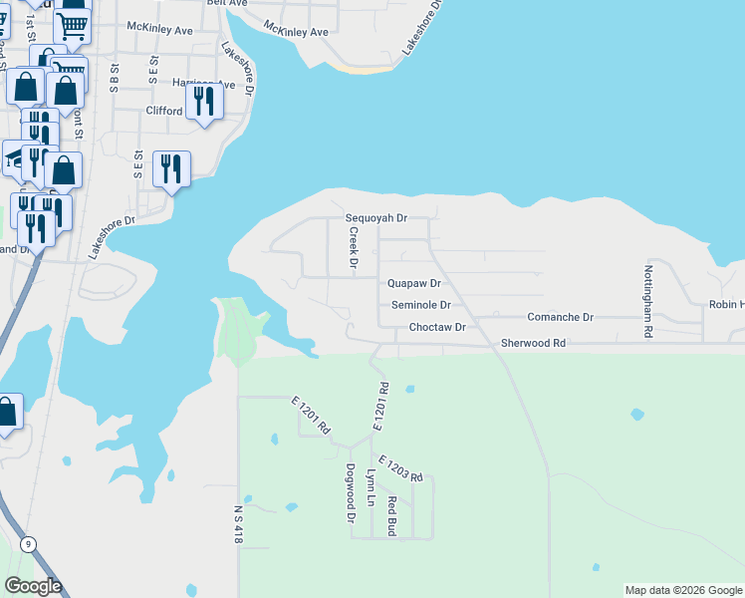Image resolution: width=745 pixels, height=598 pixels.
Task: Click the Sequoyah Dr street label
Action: coord(376,217)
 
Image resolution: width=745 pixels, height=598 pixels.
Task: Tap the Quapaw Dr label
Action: coord(413,284)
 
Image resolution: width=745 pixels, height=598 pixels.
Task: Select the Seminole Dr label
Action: coord(420,305)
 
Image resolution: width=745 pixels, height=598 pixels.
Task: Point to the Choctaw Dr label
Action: coord(437,327)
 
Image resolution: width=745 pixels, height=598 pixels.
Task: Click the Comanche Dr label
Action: coord(560,317)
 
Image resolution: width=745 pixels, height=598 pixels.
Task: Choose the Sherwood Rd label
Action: coord(533,343)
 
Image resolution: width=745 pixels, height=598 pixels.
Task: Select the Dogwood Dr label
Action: coord(351,493)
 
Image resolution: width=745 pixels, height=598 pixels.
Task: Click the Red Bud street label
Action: coord(392,516)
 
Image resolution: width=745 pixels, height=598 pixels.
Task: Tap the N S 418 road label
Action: coord(238,522)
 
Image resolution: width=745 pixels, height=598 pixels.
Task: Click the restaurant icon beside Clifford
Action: coord(204,103)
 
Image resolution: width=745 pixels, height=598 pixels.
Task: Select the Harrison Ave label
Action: coord(203,84)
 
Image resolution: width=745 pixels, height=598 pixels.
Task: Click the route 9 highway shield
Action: coord(29,543)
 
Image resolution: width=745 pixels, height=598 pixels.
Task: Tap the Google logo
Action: coord(33,586)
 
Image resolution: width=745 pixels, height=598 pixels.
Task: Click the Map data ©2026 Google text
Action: coord(682,590)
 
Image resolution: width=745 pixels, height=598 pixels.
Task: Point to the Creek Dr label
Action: coord(353,247)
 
